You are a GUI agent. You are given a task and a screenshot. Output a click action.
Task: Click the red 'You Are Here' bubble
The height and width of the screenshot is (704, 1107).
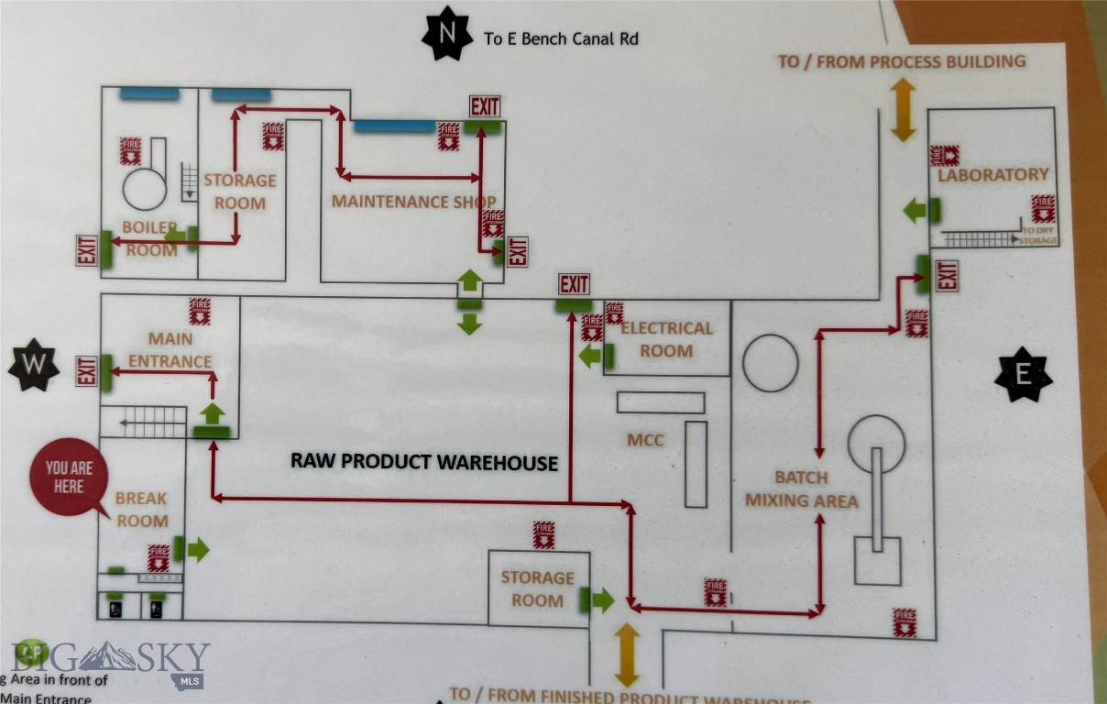(69, 478)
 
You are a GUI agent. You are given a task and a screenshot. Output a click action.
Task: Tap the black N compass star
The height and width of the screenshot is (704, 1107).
(446, 32)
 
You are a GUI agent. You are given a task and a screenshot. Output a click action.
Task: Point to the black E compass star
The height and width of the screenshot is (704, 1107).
(1023, 374)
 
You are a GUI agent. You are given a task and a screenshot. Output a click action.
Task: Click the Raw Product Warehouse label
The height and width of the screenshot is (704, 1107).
(423, 461)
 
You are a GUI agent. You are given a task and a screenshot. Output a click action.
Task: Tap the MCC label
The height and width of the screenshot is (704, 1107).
(646, 440)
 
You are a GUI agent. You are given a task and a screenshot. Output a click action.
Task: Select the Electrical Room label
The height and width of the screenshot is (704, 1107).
(666, 339)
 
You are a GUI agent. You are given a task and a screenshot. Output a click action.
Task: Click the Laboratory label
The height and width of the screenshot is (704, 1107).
(992, 174)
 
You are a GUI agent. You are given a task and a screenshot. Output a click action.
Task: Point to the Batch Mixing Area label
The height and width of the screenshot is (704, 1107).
(801, 489)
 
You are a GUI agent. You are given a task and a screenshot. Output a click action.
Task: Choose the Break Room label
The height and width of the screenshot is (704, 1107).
(141, 510)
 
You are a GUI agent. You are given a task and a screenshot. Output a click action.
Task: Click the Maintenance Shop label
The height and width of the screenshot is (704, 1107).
(413, 202)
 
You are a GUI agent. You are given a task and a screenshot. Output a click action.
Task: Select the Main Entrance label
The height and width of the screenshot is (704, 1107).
(170, 349)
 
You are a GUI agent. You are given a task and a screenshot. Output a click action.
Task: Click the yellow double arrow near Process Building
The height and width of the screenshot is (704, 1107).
(904, 109)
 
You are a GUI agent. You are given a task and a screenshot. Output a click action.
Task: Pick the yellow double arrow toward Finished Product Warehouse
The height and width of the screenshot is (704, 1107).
(627, 655)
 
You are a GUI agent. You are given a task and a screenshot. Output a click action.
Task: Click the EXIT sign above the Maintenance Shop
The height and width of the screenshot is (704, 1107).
(485, 106)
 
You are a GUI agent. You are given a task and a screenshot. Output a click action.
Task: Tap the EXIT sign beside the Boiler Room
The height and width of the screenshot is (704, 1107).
(87, 249)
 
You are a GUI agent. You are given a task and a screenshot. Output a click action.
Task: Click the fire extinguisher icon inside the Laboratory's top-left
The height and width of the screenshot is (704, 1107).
(944, 155)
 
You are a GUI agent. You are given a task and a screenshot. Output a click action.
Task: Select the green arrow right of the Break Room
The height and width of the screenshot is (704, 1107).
(198, 550)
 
